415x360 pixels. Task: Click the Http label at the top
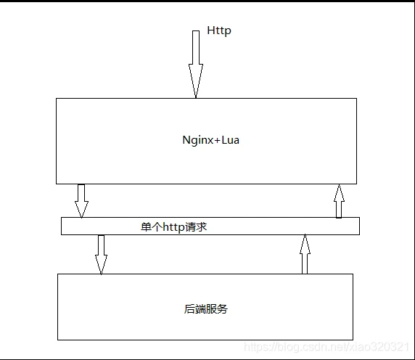(219, 30)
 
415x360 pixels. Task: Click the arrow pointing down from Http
(196, 64)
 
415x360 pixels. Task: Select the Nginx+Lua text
(210, 140)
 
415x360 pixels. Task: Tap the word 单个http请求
(173, 227)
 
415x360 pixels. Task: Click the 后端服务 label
(205, 309)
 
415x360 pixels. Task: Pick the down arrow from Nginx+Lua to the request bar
(81, 201)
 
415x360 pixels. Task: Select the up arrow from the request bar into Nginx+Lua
(339, 201)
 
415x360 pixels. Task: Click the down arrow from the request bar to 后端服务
(101, 255)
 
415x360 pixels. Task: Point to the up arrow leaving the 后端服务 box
(305, 254)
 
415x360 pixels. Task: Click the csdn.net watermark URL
(326, 347)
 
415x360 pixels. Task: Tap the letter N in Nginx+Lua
(186, 140)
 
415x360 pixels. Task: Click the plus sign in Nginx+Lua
(217, 141)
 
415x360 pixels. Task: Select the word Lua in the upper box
(230, 140)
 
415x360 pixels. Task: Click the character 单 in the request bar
(146, 227)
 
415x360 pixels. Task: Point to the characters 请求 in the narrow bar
(196, 227)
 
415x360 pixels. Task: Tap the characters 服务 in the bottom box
(217, 309)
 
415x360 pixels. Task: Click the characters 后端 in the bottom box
(194, 309)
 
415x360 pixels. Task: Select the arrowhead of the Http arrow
(196, 81)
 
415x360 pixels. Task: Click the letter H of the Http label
(210, 30)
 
